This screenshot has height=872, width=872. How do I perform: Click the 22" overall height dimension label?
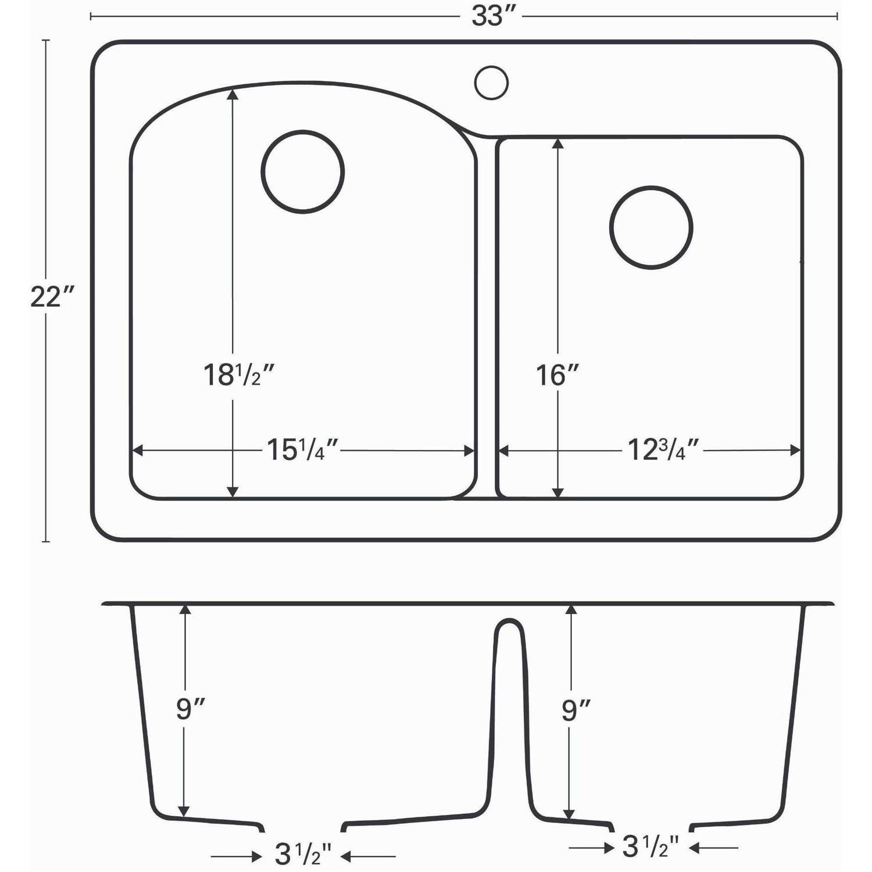[53, 297]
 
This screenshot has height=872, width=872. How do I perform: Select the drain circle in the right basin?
[651, 227]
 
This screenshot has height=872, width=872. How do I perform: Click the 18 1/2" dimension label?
[238, 374]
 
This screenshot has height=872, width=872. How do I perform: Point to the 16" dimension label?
[557, 375]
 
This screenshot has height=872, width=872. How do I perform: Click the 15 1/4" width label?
[302, 450]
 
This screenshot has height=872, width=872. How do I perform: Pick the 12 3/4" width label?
[663, 450]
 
